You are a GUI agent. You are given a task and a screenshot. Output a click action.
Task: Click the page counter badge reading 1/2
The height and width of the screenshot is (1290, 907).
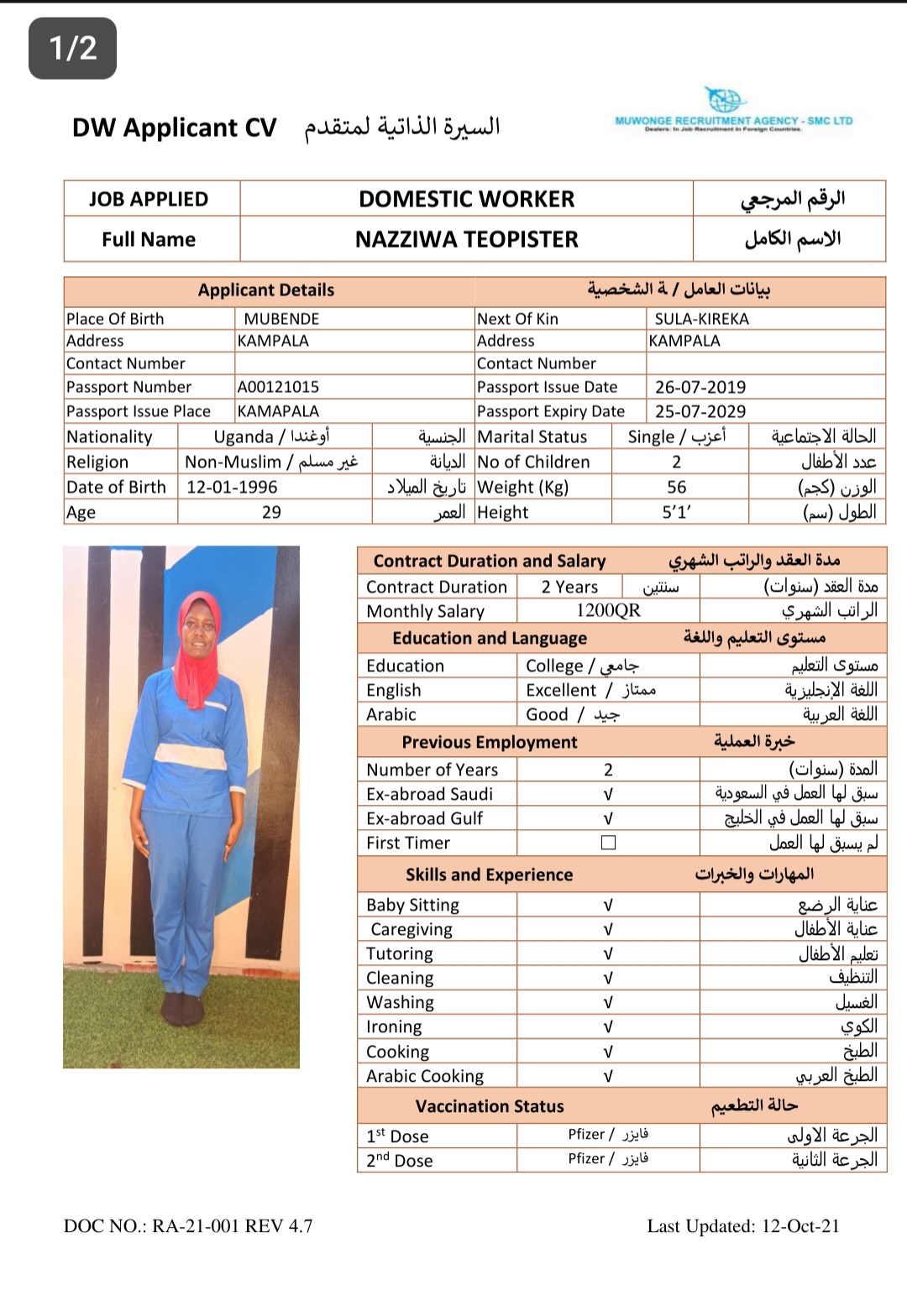pyautogui.click(x=72, y=48)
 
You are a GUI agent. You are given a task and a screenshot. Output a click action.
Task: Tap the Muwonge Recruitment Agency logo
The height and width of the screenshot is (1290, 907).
pyautogui.click(x=733, y=111)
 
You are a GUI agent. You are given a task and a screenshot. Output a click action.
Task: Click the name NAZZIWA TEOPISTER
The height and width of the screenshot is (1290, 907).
pyautogui.click(x=466, y=240)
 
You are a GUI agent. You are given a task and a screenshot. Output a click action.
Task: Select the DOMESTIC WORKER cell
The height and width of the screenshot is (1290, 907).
pyautogui.click(x=466, y=199)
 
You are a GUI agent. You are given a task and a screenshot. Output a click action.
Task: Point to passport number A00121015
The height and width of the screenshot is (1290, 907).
pyautogui.click(x=278, y=387)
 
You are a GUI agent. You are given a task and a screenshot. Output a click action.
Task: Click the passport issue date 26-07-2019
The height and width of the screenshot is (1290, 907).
pyautogui.click(x=700, y=387)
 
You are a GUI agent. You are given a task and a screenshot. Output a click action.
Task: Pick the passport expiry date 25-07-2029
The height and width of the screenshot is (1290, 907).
pyautogui.click(x=700, y=411)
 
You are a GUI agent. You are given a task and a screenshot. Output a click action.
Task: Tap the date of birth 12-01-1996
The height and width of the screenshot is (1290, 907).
pyautogui.click(x=232, y=487)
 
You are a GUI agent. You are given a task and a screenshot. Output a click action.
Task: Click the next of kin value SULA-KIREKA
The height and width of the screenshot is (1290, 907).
pyautogui.click(x=701, y=319)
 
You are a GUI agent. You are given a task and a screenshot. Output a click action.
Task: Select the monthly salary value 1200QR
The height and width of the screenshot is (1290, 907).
pyautogui.click(x=608, y=611)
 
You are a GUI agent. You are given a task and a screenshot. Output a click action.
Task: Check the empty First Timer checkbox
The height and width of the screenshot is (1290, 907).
pyautogui.click(x=608, y=843)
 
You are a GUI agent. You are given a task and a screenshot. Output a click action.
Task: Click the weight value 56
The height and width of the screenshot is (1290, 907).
pyautogui.click(x=676, y=487)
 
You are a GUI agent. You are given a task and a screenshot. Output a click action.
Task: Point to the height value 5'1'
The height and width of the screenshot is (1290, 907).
pyautogui.click(x=676, y=512)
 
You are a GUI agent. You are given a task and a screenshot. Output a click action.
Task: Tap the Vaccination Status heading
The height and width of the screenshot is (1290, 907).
pyautogui.click(x=490, y=1106)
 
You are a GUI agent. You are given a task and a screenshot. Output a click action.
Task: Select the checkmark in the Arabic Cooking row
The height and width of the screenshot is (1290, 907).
pyautogui.click(x=608, y=1076)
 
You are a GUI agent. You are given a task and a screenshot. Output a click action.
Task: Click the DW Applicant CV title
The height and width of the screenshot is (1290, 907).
pyautogui.click(x=175, y=128)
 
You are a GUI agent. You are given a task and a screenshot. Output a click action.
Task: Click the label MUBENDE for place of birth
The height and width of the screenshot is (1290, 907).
pyautogui.click(x=281, y=319)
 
